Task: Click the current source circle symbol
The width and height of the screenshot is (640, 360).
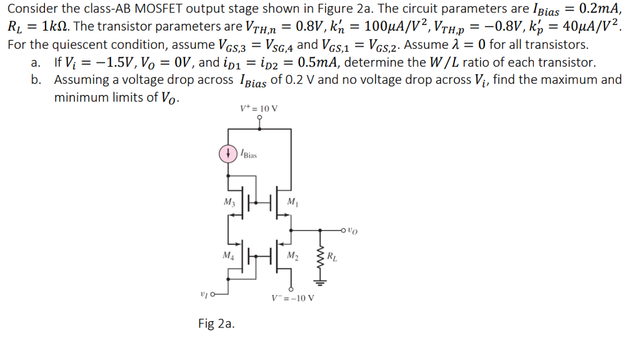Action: coord(229,153)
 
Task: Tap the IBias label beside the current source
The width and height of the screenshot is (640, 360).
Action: coord(248,154)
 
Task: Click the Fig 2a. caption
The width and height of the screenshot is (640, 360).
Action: coord(216,323)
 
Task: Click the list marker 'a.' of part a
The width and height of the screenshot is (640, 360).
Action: coord(37,62)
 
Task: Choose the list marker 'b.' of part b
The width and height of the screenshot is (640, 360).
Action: coord(37,80)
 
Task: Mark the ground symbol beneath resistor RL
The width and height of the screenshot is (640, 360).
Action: coord(321,281)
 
